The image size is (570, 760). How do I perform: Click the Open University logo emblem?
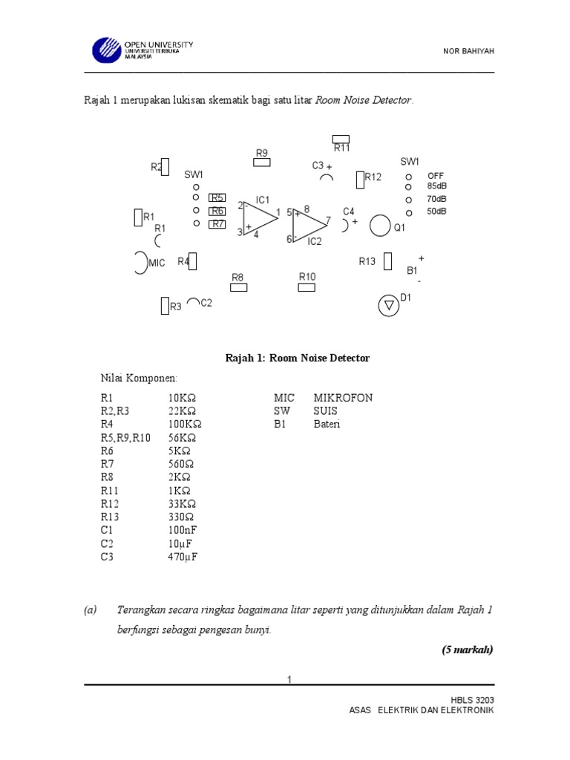tap(106, 50)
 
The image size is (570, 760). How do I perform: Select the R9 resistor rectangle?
tap(262, 162)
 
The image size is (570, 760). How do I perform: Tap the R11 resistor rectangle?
tap(341, 139)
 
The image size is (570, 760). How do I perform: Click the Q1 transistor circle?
tap(380, 226)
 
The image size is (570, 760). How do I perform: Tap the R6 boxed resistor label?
tap(217, 211)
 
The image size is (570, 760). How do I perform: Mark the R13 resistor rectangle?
tap(387, 261)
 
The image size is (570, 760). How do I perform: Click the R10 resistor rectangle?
tap(307, 287)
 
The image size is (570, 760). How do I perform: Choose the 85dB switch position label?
tap(437, 186)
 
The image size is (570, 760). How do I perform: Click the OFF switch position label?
tap(435, 175)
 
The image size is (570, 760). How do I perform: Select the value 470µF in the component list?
tap(183, 557)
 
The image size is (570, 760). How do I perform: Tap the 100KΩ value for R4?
tap(185, 425)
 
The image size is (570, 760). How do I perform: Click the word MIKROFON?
tap(343, 398)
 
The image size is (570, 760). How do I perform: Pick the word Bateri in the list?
tap(327, 425)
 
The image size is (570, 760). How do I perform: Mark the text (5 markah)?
tap(467, 649)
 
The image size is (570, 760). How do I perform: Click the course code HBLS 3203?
tap(472, 700)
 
